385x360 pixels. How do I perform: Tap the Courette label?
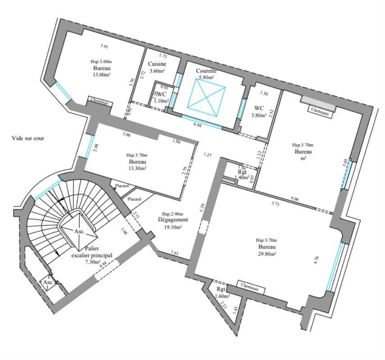[206, 71]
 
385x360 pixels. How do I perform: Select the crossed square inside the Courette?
[206, 94]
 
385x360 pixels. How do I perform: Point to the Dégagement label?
[172, 220]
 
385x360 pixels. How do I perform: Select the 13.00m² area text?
[101, 75]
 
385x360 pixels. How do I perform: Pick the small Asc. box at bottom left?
[48, 282]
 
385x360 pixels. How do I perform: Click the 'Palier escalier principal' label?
[92, 255]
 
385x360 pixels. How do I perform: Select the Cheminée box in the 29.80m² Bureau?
[249, 285]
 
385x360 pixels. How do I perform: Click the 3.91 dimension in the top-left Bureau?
[104, 46]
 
